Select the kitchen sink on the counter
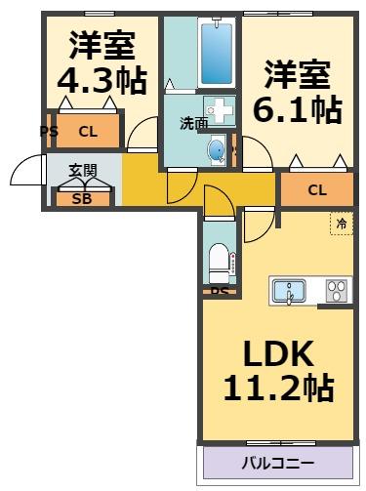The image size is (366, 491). pyautogui.click(x=290, y=291)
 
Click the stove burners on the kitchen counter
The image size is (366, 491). pyautogui.click(x=337, y=291)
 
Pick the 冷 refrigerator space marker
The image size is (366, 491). pyautogui.click(x=341, y=224)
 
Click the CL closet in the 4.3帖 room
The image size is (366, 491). pyautogui.click(x=88, y=131)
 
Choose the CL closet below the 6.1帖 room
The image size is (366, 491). pyautogui.click(x=316, y=189)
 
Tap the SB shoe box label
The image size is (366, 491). pyautogui.click(x=81, y=198)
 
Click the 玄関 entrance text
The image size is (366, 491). pyautogui.click(x=82, y=171)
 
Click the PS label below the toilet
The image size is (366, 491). pyautogui.click(x=220, y=291)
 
